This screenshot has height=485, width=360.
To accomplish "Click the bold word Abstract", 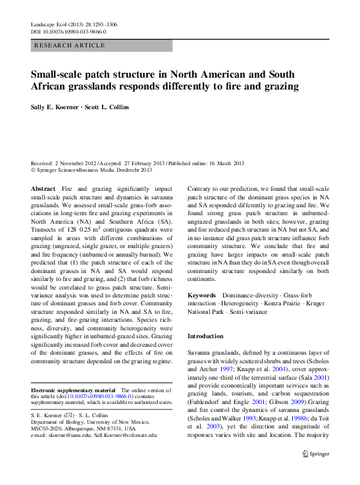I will point(43,188).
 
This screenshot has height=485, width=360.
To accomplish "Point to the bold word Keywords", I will point(203,297).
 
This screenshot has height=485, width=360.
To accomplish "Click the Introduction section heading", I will point(205,336).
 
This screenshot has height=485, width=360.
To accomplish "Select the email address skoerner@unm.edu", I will point(78,435).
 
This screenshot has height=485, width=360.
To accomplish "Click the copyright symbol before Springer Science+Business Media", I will point(34,170).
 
